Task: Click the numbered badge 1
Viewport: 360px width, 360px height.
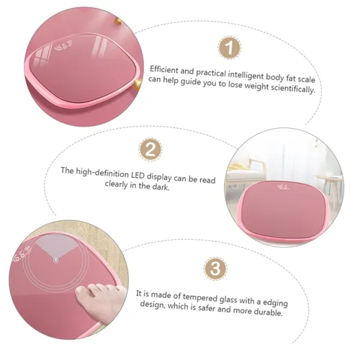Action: pos(230,48)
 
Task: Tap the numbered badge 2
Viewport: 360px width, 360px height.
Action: pos(150,150)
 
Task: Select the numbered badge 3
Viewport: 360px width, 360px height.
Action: pos(215,269)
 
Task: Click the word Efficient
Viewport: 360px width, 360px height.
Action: pos(164,70)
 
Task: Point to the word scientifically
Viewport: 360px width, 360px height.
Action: pos(293,89)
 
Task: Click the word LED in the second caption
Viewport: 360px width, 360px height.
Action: pos(138,176)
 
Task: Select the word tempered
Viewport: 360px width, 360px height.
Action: pos(201,297)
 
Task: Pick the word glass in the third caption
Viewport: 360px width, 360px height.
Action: pos(228,300)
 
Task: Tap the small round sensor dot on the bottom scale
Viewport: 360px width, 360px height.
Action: pos(55,260)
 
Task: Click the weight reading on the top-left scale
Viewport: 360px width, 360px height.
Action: pos(63,47)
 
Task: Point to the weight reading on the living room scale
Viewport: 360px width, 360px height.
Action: pos(283,186)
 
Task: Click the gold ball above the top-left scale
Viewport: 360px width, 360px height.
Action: pos(117,21)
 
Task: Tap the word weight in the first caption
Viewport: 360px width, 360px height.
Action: pos(256,86)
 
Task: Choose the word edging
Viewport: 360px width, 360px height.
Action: pos(275,303)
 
